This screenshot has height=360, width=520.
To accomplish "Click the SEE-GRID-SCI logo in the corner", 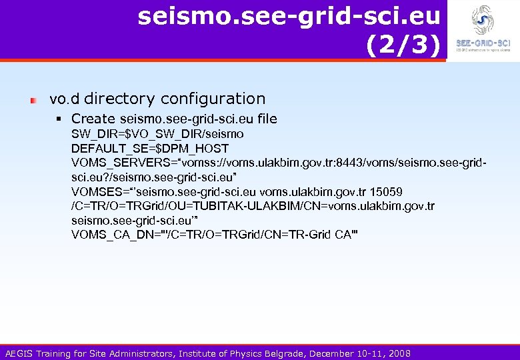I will pyautogui.click(x=483, y=30).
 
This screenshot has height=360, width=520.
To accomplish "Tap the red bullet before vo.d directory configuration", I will pyautogui.click(x=33, y=101).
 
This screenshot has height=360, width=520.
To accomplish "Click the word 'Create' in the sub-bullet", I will pyautogui.click(x=93, y=119).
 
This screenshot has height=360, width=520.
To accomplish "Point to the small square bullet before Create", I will pyautogui.click(x=60, y=119).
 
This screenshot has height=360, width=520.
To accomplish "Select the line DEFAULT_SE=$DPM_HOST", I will pyautogui.click(x=150, y=148).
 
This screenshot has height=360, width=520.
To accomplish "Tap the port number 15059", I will pyautogui.click(x=387, y=192).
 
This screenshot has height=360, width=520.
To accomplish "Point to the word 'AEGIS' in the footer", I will pyautogui.click(x=20, y=353).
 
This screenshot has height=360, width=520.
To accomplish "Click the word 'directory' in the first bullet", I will pyautogui.click(x=119, y=99).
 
